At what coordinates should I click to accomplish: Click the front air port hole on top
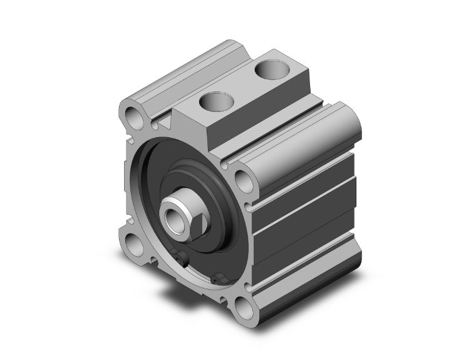pos(214,100)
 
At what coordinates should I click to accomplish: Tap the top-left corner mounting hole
pos(134,115)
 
